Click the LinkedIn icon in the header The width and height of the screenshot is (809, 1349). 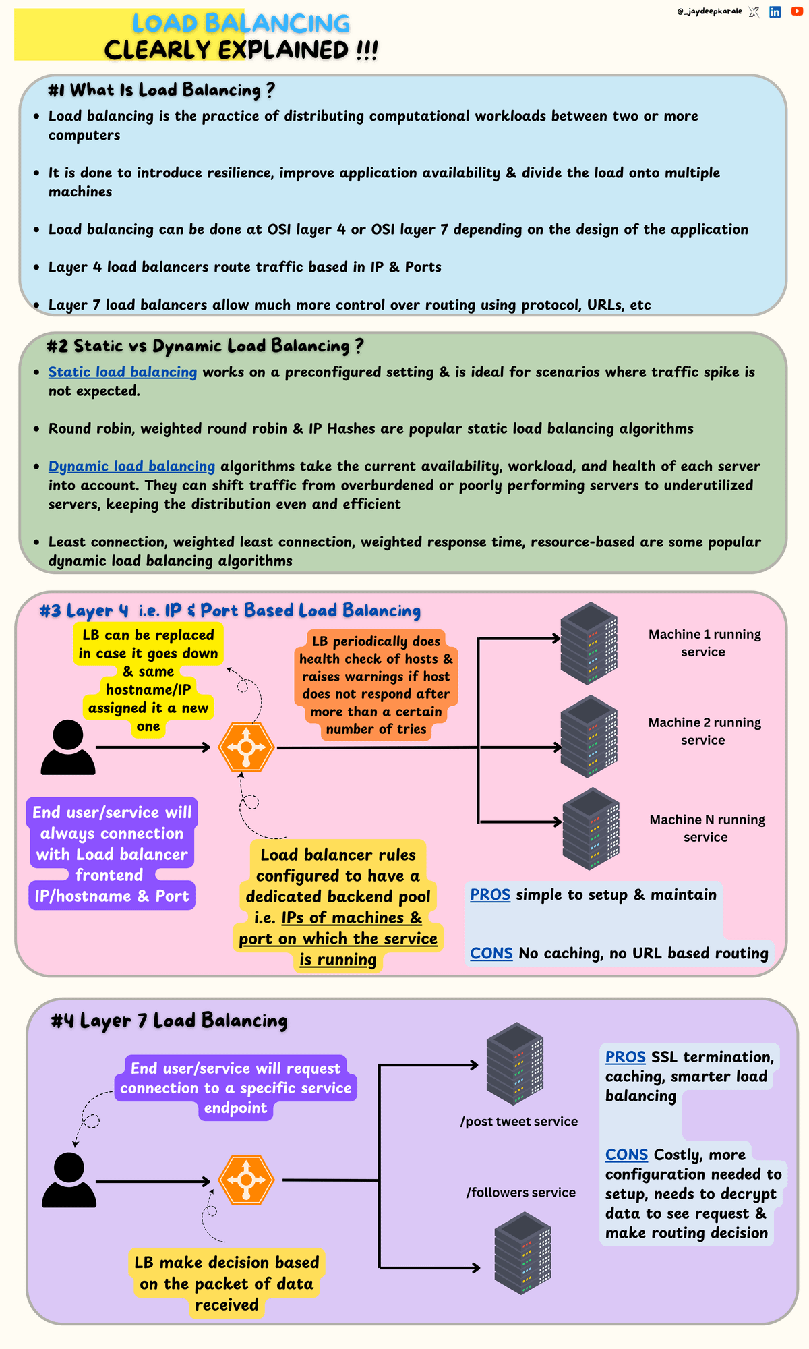(x=775, y=11)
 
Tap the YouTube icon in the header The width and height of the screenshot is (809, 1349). (x=796, y=11)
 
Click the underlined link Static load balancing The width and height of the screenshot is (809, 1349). (x=123, y=372)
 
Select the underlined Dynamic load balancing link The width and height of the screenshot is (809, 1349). (x=131, y=466)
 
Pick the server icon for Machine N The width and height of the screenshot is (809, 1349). (x=591, y=828)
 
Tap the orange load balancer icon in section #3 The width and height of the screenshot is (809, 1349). (x=246, y=747)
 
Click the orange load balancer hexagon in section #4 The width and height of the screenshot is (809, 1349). (x=246, y=1180)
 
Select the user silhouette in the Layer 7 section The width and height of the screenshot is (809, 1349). (x=69, y=1180)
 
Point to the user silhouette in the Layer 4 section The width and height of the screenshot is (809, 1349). (x=68, y=747)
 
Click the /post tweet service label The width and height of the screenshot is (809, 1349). (x=519, y=1122)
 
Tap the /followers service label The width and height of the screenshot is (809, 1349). (x=521, y=1193)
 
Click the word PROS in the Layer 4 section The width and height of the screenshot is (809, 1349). (x=490, y=895)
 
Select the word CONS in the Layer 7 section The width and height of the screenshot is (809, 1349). (x=626, y=1155)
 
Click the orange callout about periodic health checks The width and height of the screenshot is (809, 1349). (x=376, y=685)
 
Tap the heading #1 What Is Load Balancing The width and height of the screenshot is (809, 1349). (x=161, y=90)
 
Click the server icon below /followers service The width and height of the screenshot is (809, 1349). (x=522, y=1253)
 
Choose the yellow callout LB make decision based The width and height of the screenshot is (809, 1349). (x=227, y=1283)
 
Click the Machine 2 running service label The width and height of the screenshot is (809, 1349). (x=704, y=731)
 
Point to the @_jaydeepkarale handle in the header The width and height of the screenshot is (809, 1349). (x=709, y=11)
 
